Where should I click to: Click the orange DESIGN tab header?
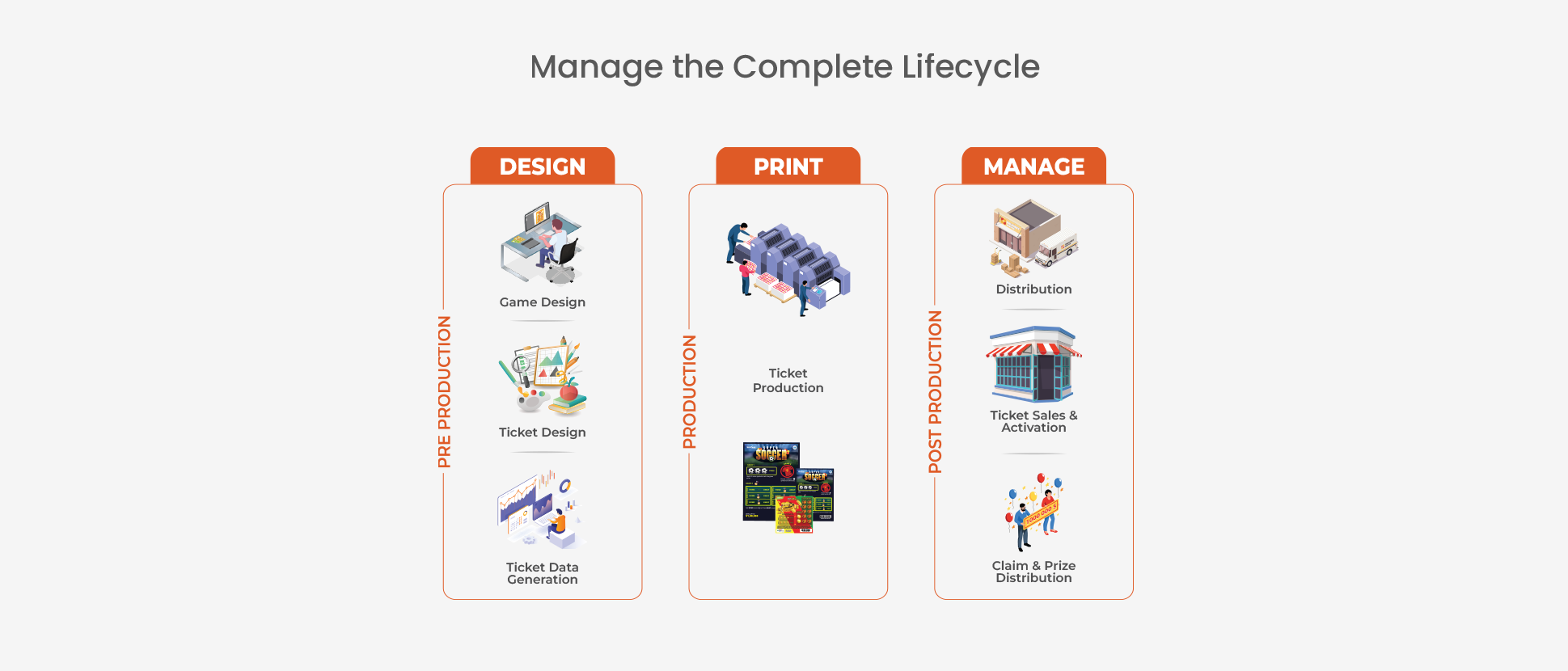point(542,167)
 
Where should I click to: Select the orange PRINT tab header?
point(788,167)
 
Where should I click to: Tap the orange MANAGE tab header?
point(1033,167)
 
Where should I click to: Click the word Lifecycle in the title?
point(970,67)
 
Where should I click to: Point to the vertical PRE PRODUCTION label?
point(444,392)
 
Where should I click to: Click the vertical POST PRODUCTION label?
point(936,392)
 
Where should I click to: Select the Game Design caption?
point(542,302)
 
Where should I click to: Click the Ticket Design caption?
point(542,433)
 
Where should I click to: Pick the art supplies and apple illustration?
point(542,375)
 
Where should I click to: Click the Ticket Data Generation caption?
point(542,573)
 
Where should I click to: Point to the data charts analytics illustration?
point(539,510)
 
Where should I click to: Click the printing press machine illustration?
point(788,268)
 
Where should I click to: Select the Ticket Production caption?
point(788,381)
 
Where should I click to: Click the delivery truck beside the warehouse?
point(1057,251)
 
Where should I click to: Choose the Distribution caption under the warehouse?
point(1033,289)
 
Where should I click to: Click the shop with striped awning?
point(1033,365)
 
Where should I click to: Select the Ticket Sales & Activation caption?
point(1033,421)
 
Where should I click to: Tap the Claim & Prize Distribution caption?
point(1033,572)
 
